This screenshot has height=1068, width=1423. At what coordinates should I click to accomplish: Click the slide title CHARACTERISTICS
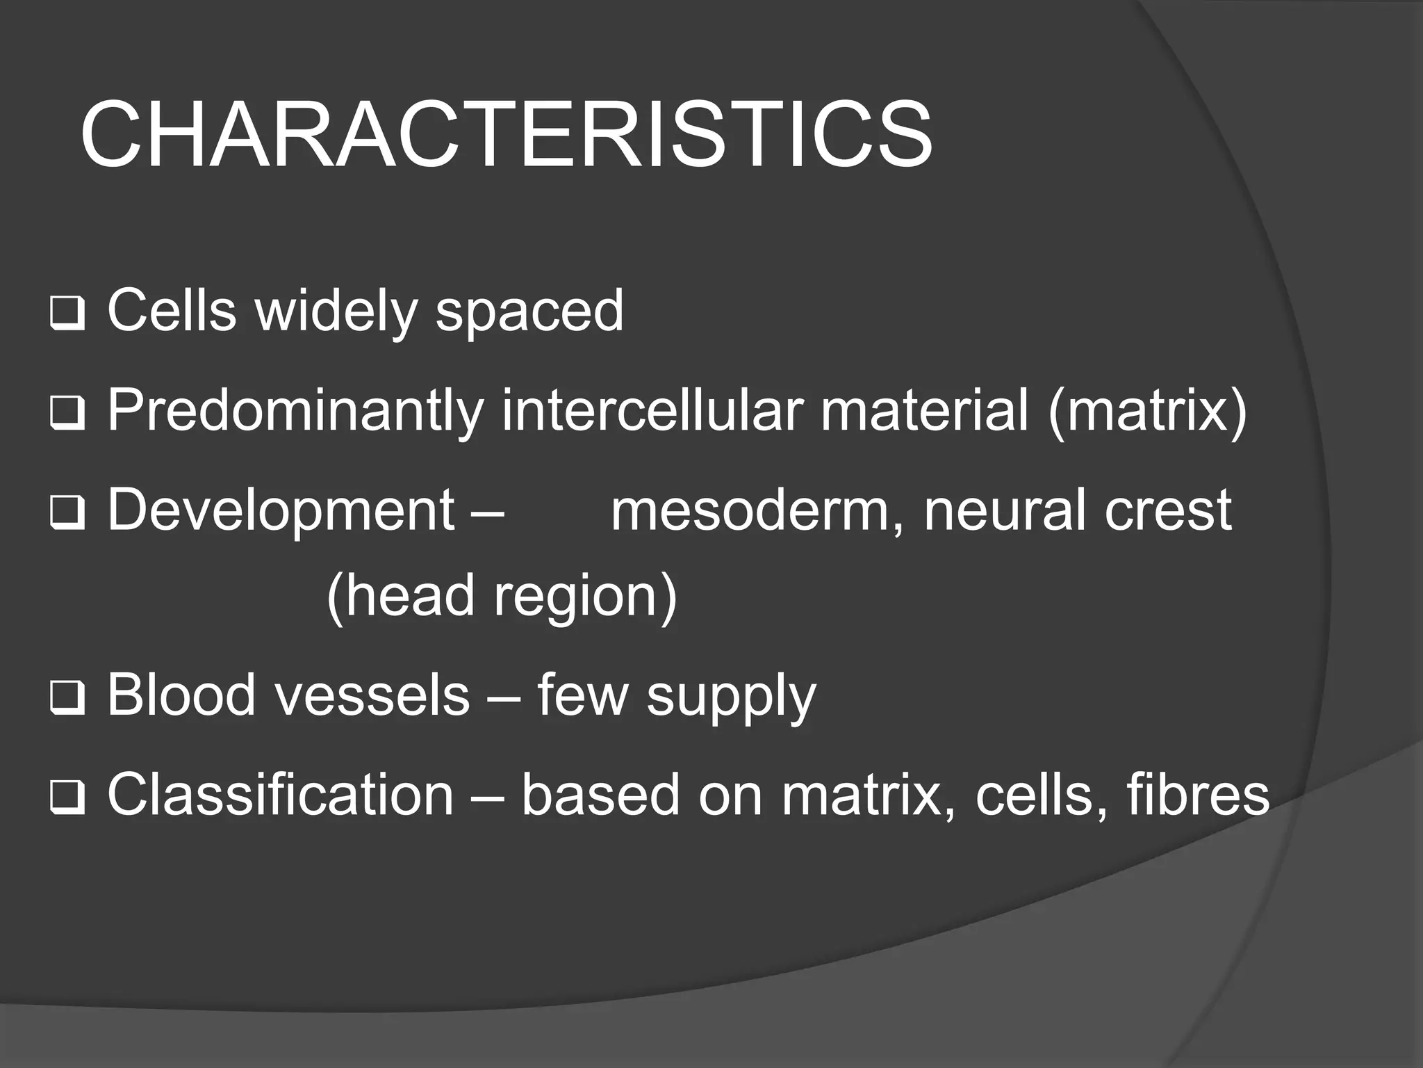point(506,135)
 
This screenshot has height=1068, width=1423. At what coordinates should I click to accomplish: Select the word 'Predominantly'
point(295,412)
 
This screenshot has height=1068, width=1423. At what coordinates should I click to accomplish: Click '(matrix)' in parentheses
point(1147,412)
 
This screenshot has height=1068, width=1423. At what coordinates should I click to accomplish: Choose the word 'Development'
point(281,511)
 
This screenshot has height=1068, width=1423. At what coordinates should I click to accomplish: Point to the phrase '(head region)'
point(501,596)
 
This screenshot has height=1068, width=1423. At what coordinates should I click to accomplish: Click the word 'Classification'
point(280,795)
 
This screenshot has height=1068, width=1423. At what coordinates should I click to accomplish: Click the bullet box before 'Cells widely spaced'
point(67,315)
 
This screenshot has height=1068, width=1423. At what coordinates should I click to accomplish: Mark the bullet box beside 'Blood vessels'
point(67,699)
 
